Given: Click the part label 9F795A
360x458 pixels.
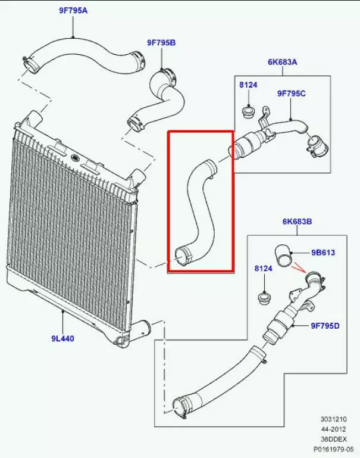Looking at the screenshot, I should click(73, 10).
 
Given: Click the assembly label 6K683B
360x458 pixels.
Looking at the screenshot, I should click(297, 222).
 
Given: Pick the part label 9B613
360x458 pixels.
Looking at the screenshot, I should click(323, 253).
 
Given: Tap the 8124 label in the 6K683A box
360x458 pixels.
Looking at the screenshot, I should click(248, 86).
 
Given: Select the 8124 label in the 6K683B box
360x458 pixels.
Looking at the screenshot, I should click(263, 269).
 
